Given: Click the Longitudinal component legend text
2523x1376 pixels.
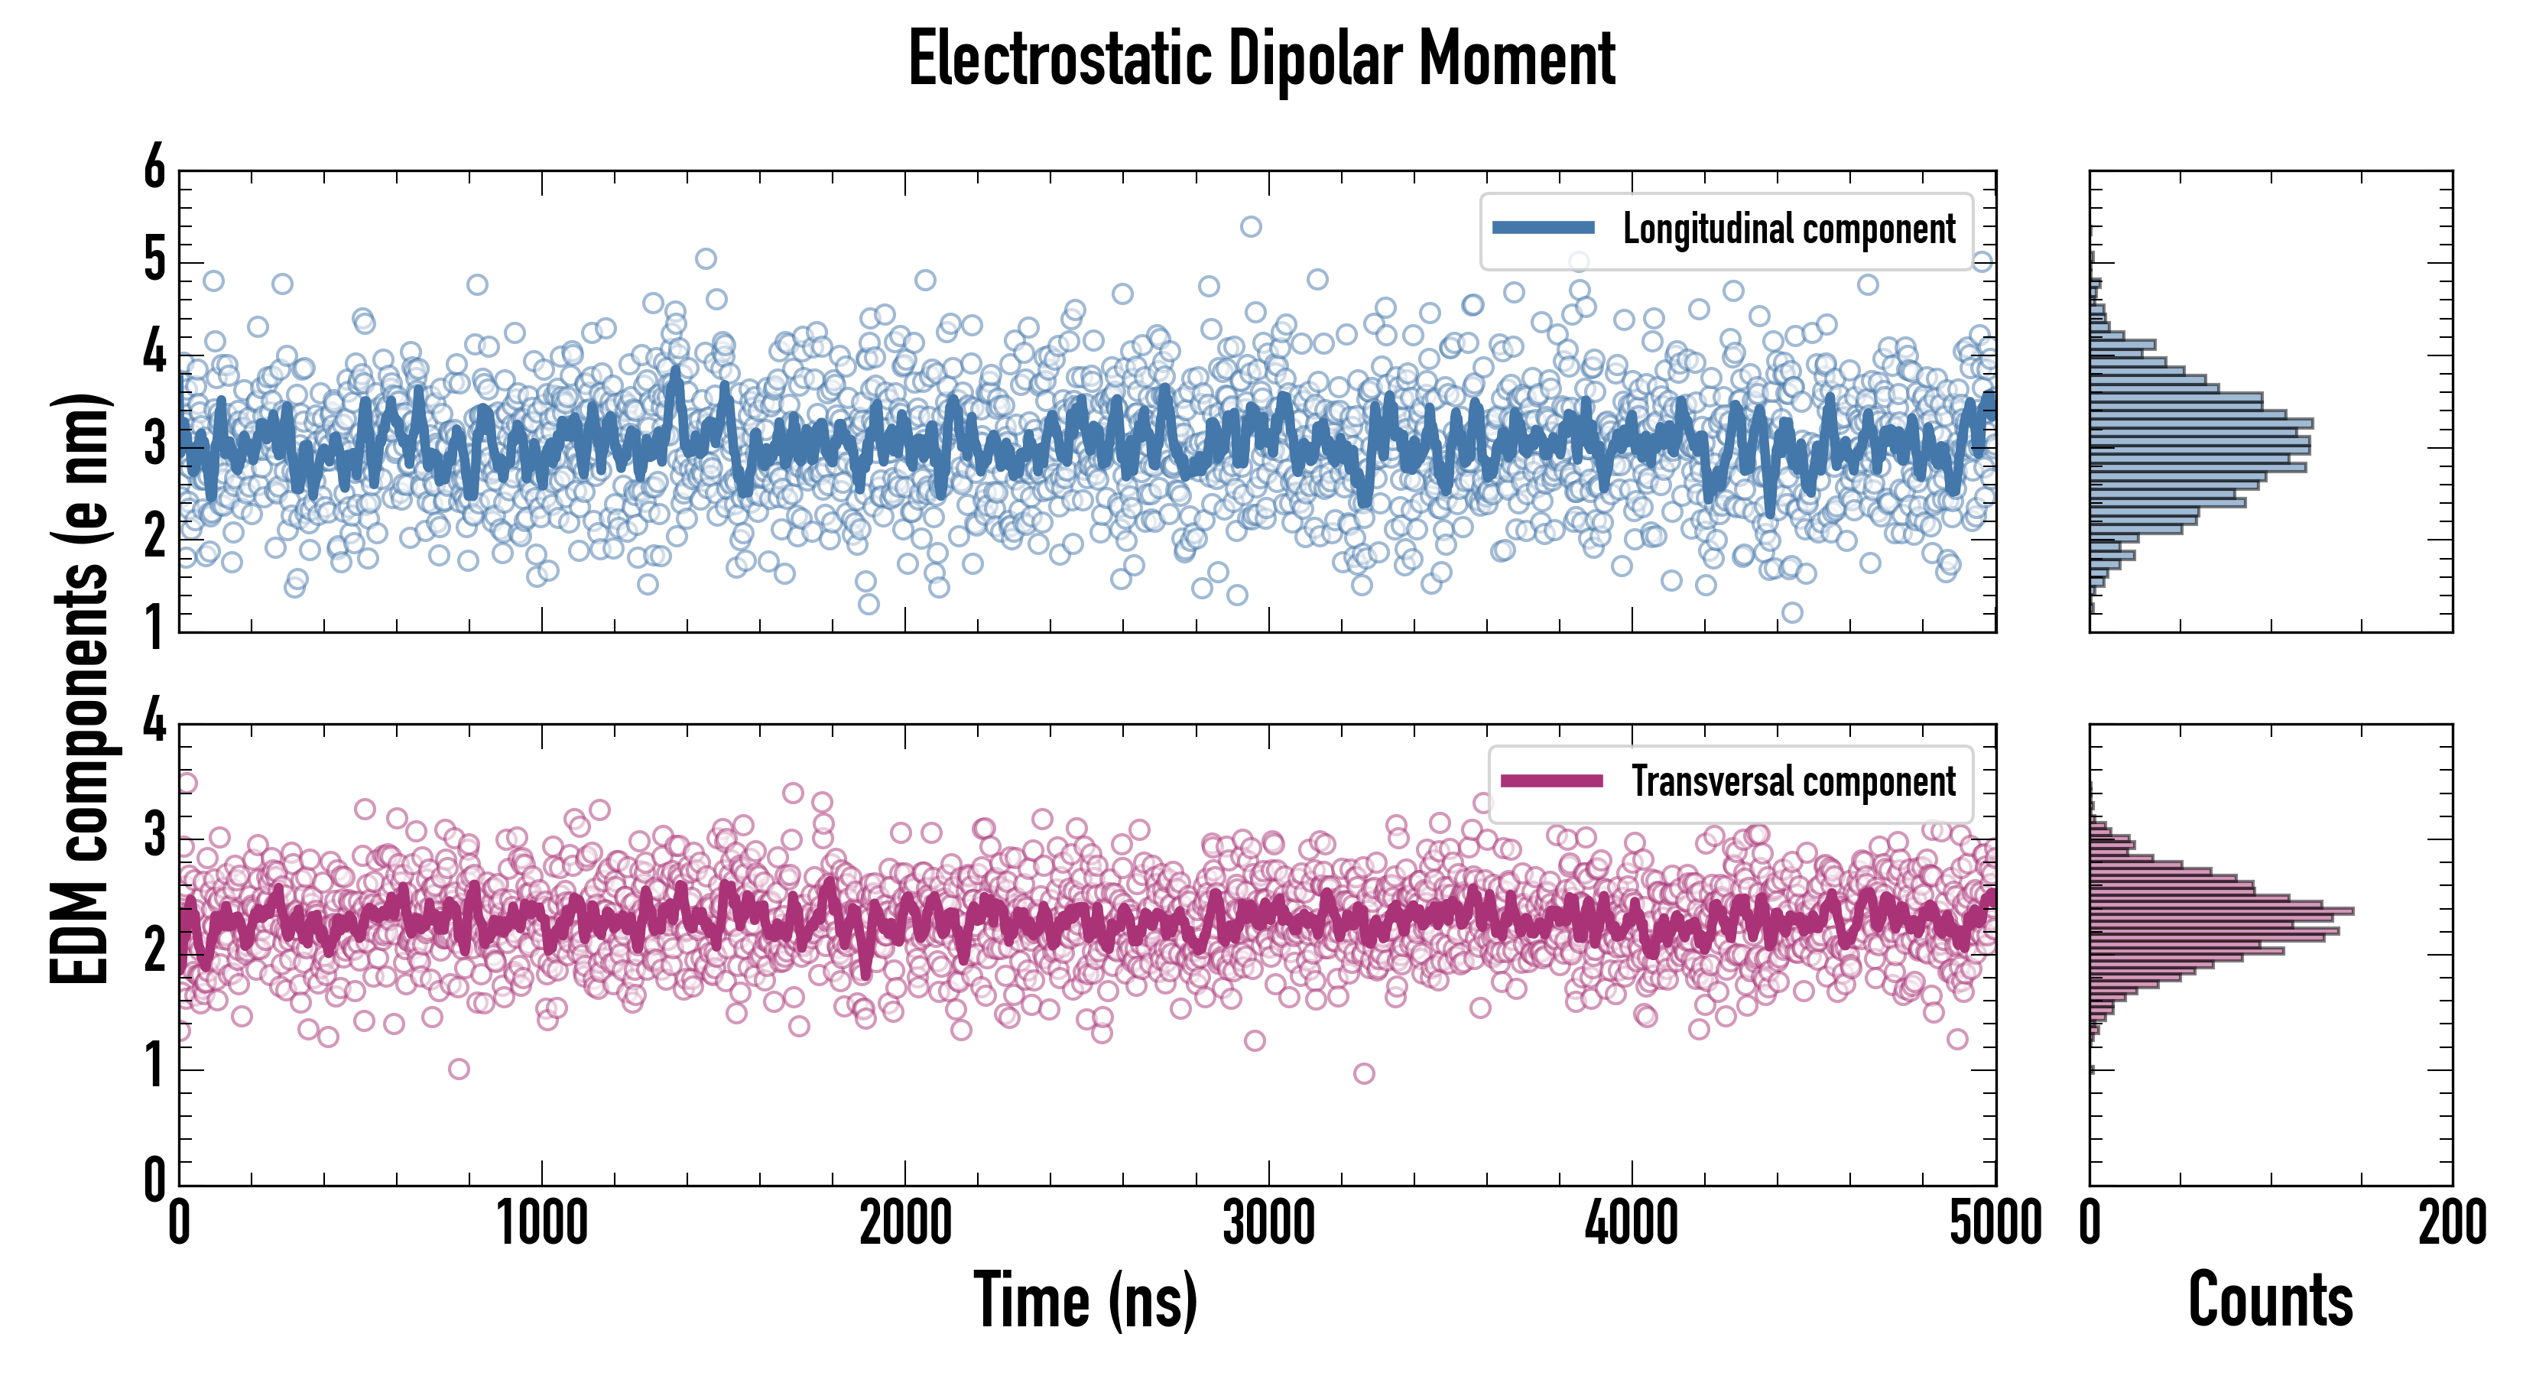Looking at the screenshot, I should [x=1788, y=229].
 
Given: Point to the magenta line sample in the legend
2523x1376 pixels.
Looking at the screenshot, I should [x=1551, y=781].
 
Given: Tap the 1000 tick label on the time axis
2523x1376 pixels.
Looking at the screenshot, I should [x=541, y=1224].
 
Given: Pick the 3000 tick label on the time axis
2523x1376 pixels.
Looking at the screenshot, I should [x=1268, y=1224].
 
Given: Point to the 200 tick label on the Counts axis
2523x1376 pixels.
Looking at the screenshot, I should [x=2451, y=1224].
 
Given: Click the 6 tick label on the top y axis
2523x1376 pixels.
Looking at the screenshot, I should [x=154, y=167].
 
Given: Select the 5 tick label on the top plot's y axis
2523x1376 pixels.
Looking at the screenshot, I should [x=154, y=261].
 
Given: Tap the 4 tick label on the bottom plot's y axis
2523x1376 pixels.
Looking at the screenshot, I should [x=154, y=722].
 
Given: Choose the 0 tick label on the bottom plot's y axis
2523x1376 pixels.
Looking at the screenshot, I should [x=154, y=1180].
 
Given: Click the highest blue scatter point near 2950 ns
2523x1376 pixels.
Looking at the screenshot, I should [x=1251, y=227].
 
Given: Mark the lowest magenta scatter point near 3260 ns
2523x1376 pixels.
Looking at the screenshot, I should [x=1363, y=1073].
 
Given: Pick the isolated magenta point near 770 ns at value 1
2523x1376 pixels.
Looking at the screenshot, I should [x=459, y=1069].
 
